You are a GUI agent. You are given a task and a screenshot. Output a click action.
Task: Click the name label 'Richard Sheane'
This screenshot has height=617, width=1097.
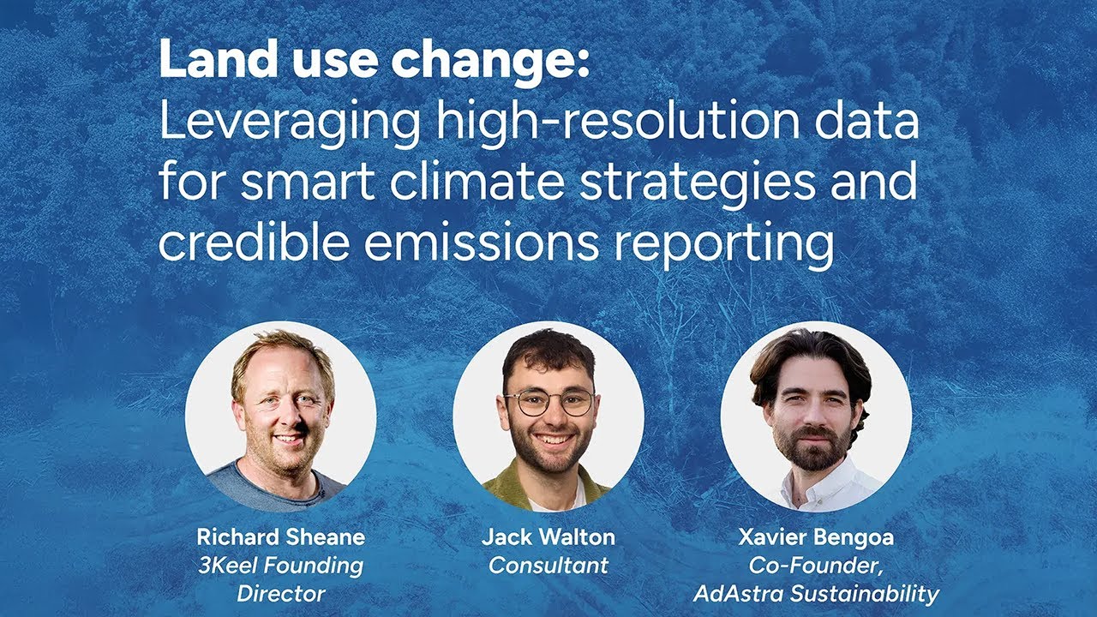[280, 537]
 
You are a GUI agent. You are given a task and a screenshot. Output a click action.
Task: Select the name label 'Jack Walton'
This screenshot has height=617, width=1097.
[548, 537]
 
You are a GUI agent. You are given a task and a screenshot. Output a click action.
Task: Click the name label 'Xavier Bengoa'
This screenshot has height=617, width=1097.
[815, 537]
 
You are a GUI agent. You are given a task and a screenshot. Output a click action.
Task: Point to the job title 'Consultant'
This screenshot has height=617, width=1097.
[548, 566]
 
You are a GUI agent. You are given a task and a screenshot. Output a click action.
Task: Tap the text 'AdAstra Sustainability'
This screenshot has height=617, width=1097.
[815, 593]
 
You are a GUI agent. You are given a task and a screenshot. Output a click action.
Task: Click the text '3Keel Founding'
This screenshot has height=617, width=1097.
[280, 566]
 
